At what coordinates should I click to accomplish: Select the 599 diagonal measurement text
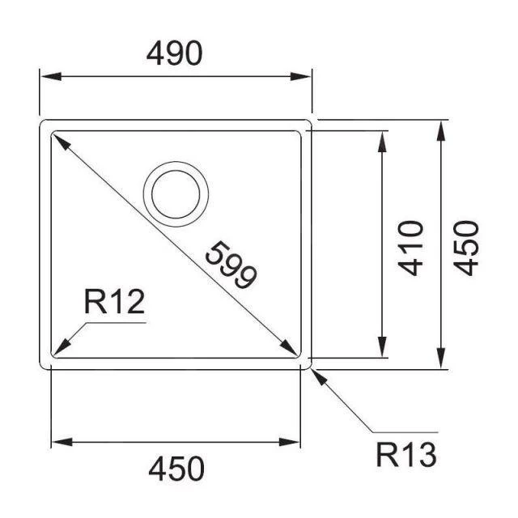click(x=230, y=265)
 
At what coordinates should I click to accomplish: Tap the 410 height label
click(x=413, y=248)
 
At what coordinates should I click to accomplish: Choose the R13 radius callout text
click(x=406, y=455)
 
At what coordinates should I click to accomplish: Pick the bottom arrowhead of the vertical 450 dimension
click(x=441, y=362)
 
